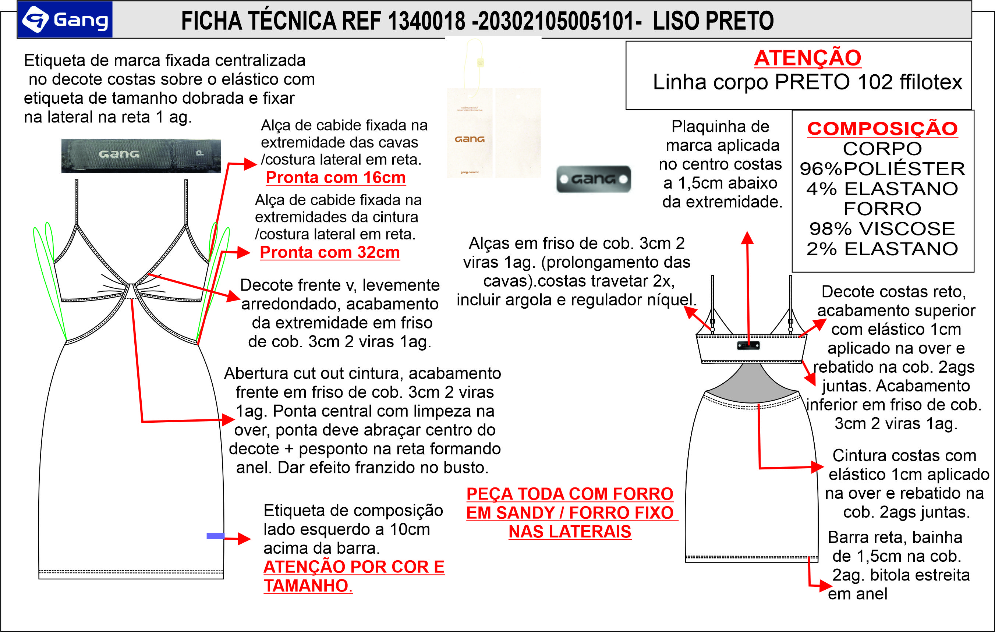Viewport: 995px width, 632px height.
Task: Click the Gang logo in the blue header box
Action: (65, 19)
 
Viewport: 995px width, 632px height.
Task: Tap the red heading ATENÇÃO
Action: (807, 58)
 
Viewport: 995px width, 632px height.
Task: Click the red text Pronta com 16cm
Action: (336, 178)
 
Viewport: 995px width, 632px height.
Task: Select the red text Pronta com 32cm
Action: (330, 252)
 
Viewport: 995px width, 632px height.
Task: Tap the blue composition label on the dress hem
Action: (215, 536)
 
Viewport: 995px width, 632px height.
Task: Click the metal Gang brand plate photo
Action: (594, 179)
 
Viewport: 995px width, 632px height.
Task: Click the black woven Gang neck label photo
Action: (141, 156)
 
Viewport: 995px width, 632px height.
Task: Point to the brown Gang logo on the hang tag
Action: (470, 139)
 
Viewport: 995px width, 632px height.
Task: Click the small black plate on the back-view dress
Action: (748, 345)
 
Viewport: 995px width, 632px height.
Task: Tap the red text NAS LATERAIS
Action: (570, 532)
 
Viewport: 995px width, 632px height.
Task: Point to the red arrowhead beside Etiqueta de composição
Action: (244, 539)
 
